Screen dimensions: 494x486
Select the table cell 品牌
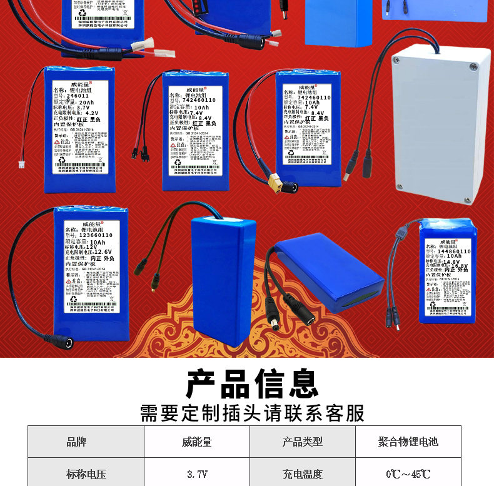pyautogui.click(x=76, y=442)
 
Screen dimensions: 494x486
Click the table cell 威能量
pyautogui.click(x=197, y=442)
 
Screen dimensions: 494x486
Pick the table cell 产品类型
pyautogui.click(x=303, y=442)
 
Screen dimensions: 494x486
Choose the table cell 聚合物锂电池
pyautogui.click(x=408, y=442)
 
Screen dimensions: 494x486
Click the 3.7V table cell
pyautogui.click(x=197, y=474)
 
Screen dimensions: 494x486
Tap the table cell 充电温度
pyautogui.click(x=303, y=474)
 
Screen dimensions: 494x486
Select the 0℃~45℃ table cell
pyautogui.click(x=408, y=474)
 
